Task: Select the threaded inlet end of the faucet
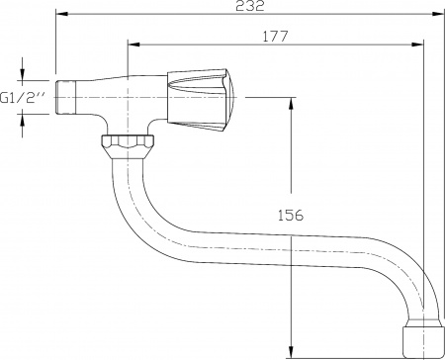(x=65, y=98)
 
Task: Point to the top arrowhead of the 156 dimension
(x=291, y=103)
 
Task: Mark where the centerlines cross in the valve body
(x=128, y=98)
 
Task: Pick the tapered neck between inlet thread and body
(x=94, y=97)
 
